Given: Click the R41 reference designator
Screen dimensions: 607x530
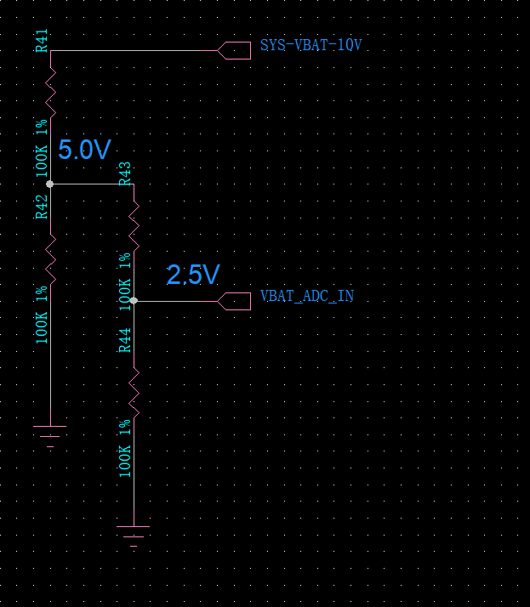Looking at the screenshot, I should (43, 40).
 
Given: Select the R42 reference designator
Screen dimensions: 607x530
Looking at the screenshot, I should (43, 207).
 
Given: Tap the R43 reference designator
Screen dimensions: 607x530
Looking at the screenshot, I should (125, 173).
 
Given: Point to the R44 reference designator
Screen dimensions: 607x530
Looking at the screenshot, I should (125, 339).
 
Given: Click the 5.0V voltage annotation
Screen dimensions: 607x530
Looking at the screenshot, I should (84, 150).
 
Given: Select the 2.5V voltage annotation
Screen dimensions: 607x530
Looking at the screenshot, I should (193, 275).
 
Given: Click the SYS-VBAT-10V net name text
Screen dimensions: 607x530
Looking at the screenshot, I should (311, 45).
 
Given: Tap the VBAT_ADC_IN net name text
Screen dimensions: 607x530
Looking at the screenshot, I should (307, 297).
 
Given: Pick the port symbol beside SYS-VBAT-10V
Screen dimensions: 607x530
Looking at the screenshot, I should (235, 50).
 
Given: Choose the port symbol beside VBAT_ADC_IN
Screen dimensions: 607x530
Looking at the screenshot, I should (235, 301).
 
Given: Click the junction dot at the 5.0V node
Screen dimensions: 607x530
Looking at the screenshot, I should (50, 184).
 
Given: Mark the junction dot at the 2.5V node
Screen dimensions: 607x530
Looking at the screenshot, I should (134, 301).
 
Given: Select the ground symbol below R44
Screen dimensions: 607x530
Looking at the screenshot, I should (134, 535).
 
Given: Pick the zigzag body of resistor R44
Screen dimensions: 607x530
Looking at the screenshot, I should (134, 392).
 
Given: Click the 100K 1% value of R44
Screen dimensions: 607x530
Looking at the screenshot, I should (125, 448).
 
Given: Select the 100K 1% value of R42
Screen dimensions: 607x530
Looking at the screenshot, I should (43, 315).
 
